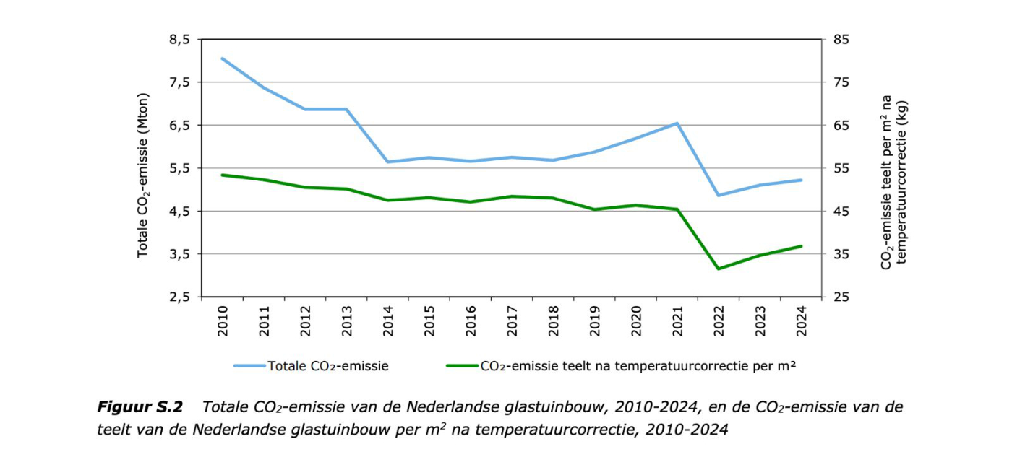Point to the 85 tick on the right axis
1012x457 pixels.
[841, 39]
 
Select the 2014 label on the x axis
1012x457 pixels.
[387, 318]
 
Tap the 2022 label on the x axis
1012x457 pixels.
[719, 318]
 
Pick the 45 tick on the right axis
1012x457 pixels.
[841, 211]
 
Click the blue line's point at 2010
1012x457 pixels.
[222, 58]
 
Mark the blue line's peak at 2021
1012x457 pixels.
[677, 123]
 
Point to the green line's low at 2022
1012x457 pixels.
[719, 269]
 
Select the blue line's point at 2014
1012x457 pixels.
[387, 162]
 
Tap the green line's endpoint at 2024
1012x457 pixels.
[802, 246]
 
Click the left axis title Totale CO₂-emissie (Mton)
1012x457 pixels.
[143, 175]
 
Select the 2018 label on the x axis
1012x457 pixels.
[553, 318]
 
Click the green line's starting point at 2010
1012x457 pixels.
[222, 175]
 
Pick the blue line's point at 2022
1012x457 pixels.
[719, 195]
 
